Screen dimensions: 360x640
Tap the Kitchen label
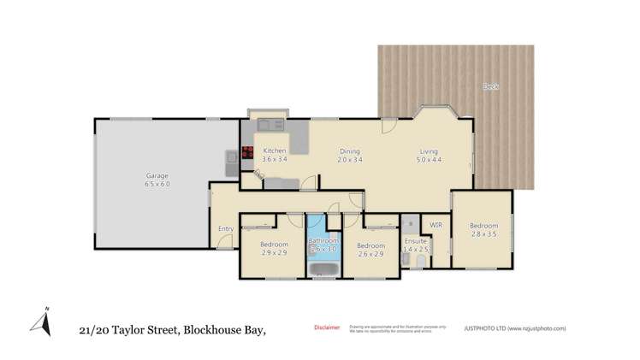point(275,155)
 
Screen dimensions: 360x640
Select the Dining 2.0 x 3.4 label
point(348,155)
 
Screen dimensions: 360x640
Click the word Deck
point(490,86)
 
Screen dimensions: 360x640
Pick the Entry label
point(226,228)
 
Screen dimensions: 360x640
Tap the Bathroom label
point(324,245)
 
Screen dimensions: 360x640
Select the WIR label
point(436,225)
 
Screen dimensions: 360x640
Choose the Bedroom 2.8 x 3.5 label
point(483,229)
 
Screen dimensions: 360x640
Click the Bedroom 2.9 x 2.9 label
point(274,248)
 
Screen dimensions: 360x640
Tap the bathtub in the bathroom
point(324,271)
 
